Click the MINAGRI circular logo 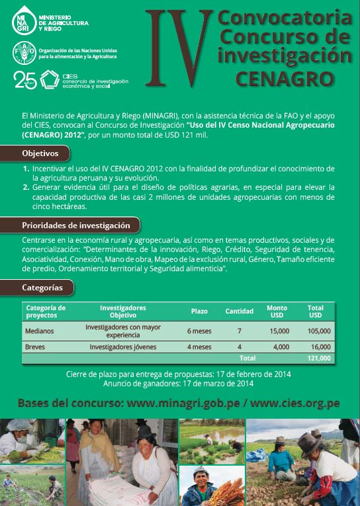click(x=24, y=20)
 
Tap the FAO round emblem click(x=24, y=52)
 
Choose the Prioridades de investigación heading click(x=76, y=226)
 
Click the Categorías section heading click(x=42, y=288)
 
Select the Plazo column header click(x=199, y=311)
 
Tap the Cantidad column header click(x=239, y=311)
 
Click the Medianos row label click(x=39, y=331)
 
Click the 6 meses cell click(x=199, y=331)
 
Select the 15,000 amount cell click(x=279, y=331)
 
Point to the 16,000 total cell click(x=320, y=347)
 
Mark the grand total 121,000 click(x=318, y=358)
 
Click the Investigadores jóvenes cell click(x=123, y=347)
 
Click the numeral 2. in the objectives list click(x=26, y=187)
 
